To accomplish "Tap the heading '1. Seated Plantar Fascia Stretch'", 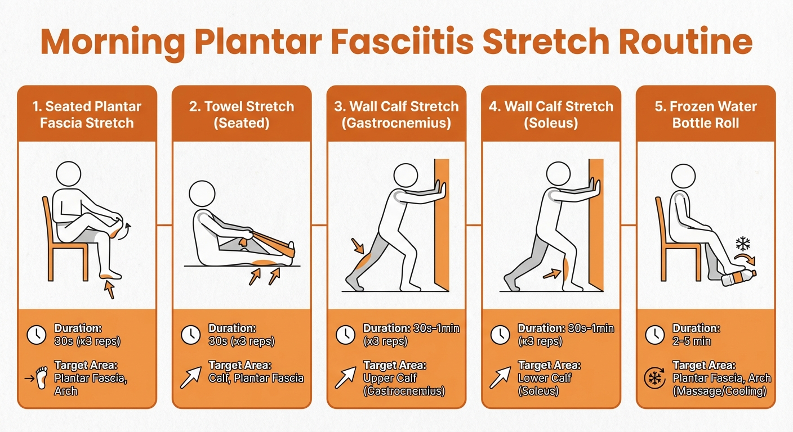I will point(87,114).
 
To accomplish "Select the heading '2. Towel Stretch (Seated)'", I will point(242,114).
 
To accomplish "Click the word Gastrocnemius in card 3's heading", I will point(396,123).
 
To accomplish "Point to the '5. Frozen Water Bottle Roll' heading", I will point(706,114).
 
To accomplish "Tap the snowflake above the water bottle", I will point(744,244).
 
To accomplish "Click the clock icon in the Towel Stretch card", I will point(190,335).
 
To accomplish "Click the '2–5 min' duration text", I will point(692,341).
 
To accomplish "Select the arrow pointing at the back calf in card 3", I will point(358,246).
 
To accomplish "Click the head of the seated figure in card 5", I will point(683,177).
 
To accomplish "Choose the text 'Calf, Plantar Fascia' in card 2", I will point(256,378).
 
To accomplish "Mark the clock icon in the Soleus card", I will point(500,335).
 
